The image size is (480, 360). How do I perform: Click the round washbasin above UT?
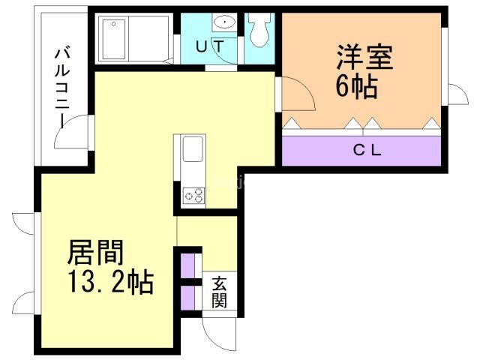(223, 22)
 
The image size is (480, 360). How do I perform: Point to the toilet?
(259, 30)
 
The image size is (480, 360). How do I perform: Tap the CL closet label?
(367, 150)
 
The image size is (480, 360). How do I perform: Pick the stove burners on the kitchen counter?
(193, 195)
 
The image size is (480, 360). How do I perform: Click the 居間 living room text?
(95, 253)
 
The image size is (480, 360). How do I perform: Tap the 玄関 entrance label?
(220, 292)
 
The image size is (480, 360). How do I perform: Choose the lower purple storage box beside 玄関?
(187, 295)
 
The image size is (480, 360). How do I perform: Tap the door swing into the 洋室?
(298, 96)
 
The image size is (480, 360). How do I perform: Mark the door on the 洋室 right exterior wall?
(455, 94)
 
